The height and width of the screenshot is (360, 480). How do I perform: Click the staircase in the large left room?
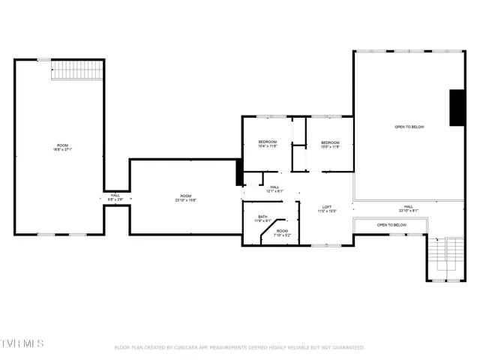tap(76, 70)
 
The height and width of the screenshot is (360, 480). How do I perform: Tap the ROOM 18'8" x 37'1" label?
tap(61, 147)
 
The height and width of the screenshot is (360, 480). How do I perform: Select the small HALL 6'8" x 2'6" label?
tap(115, 197)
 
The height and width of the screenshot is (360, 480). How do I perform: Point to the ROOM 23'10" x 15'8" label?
tap(185, 198)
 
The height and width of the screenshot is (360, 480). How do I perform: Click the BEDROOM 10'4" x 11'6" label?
tap(267, 144)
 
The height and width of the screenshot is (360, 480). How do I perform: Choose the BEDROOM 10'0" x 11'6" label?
tap(330, 144)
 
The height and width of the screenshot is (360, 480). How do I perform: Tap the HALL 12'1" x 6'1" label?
tap(274, 189)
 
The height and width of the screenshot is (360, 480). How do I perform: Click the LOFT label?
tap(327, 208)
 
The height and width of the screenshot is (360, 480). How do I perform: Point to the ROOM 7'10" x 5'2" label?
tap(282, 232)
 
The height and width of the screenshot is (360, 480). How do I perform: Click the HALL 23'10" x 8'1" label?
tap(408, 208)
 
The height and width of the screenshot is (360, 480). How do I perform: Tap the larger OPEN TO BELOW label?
tap(409, 127)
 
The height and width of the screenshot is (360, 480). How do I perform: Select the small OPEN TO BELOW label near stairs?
tap(391, 225)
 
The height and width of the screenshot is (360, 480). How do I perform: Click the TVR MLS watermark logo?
tap(22, 343)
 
